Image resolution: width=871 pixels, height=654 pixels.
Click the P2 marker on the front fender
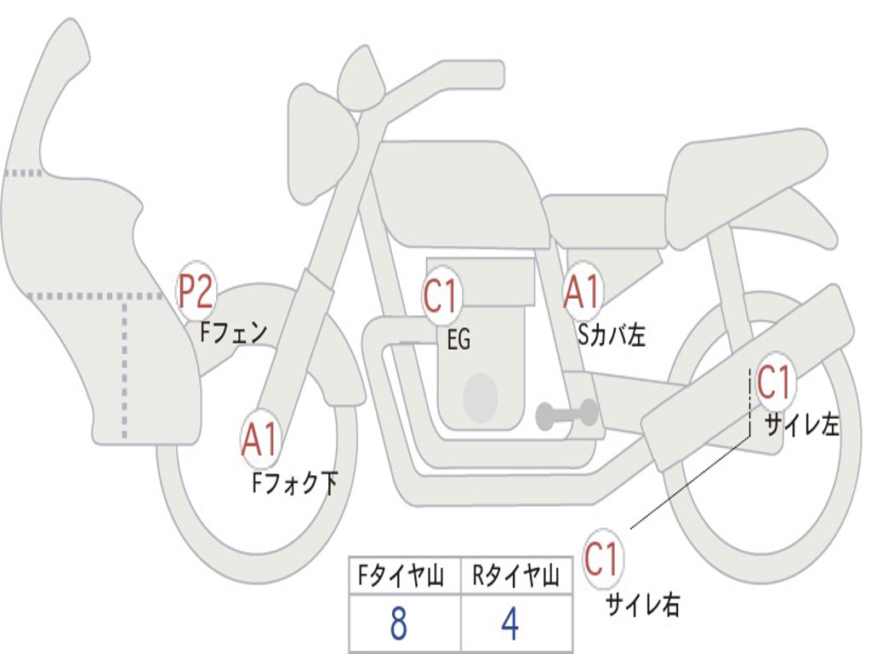[195, 292]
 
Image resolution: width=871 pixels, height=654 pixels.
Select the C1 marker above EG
[441, 296]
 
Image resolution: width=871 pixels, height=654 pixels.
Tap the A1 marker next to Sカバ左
[583, 290]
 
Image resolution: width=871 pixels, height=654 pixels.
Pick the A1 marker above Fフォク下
[260, 439]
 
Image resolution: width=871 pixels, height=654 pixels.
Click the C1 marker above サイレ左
[774, 382]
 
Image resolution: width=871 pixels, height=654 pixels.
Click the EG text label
[458, 341]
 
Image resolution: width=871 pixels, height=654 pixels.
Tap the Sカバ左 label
[611, 336]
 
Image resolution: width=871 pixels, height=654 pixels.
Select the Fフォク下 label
[294, 483]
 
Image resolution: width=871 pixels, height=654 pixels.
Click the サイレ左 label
[801, 424]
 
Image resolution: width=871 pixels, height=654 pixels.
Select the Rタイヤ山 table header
[516, 577]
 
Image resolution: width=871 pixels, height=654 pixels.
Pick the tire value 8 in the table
[397, 624]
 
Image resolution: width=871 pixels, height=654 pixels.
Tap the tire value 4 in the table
[510, 624]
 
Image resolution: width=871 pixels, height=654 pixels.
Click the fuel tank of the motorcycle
[459, 192]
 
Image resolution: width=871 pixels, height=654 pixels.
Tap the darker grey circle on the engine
[481, 396]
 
